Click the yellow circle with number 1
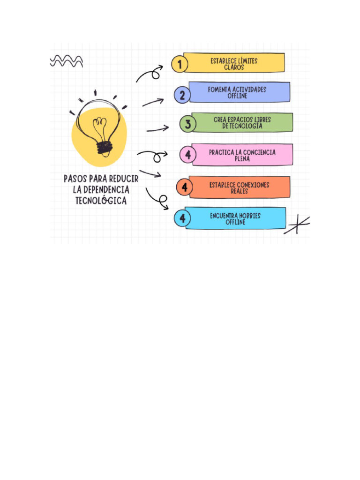pos(179,64)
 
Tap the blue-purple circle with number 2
pos(182,95)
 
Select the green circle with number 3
pos(187,124)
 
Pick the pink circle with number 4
pos(188,155)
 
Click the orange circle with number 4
pos(185,187)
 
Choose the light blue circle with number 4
pos(182,218)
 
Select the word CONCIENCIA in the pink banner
pos(259,152)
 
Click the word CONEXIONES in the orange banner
pos(253,185)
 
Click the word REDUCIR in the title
pos(123,180)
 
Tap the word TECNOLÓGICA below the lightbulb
pos(101,201)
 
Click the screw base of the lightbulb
pos(104,148)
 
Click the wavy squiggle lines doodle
pos(67,61)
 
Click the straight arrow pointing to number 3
pos(157,128)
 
